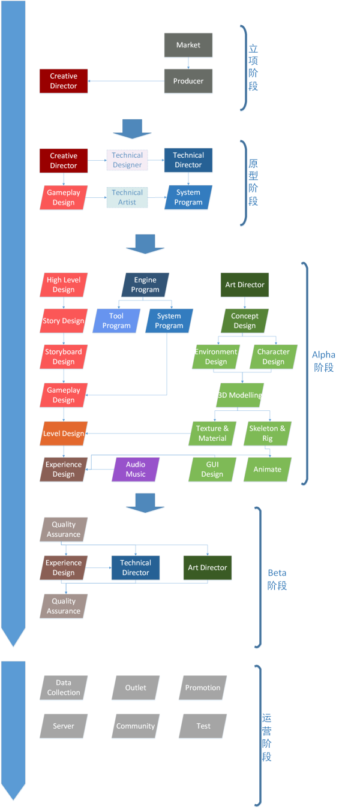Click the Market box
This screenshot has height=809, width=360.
pyautogui.click(x=188, y=45)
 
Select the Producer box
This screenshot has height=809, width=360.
pyautogui.click(x=188, y=81)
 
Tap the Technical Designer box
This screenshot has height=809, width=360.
pyautogui.click(x=127, y=160)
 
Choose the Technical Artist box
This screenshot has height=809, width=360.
pyautogui.click(x=127, y=197)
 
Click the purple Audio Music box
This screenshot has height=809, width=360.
pyautogui.click(x=136, y=469)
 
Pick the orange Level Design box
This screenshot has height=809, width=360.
pyautogui.click(x=64, y=434)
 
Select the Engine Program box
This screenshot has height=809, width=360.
pyautogui.click(x=145, y=285)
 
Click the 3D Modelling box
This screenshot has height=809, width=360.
pyautogui.click(x=240, y=395)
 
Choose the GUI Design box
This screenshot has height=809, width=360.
pyautogui.click(x=212, y=469)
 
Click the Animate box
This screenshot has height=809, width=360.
pyautogui.click(x=268, y=469)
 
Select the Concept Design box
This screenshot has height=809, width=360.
pyautogui.click(x=245, y=321)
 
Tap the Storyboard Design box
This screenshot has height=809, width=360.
pyautogui.click(x=64, y=357)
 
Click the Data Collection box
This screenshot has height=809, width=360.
pyautogui.click(x=64, y=687)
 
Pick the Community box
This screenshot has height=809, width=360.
pyautogui.click(x=136, y=726)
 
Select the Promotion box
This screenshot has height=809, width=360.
pyautogui.click(x=203, y=687)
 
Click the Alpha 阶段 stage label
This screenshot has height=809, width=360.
pyautogui.click(x=323, y=362)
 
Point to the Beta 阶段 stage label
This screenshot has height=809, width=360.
pyautogui.click(x=277, y=579)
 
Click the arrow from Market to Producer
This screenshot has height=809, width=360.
pyautogui.click(x=188, y=63)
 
